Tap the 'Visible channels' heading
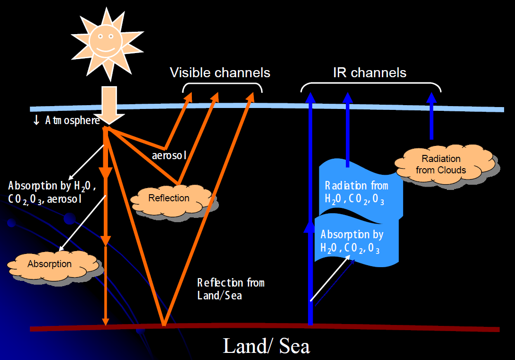[220, 72]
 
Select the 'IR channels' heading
[370, 72]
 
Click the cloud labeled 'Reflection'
[169, 198]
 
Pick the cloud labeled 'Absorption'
[49, 264]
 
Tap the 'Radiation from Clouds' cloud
[441, 164]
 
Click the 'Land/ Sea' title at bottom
[266, 346]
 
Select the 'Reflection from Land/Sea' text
[230, 289]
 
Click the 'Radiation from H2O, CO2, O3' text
[356, 192]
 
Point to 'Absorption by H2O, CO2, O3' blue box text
[352, 241]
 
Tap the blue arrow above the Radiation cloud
[431, 116]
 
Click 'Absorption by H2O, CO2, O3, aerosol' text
[52, 192]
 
